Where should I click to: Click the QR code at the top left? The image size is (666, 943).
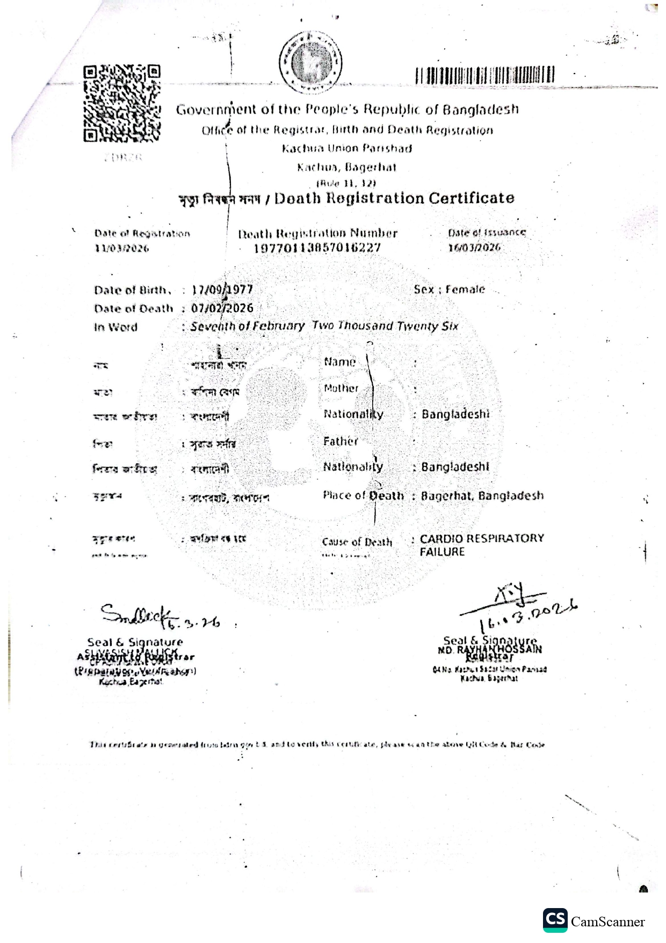pyautogui.click(x=122, y=104)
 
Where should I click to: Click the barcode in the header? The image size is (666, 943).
pyautogui.click(x=484, y=75)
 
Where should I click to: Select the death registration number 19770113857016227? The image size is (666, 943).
pyautogui.click(x=317, y=248)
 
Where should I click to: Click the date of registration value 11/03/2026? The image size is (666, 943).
pyautogui.click(x=122, y=248)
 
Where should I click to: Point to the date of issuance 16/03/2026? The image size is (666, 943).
pyautogui.click(x=474, y=247)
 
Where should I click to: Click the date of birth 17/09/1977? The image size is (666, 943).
pyautogui.click(x=222, y=290)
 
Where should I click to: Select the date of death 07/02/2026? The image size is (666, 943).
pyautogui.click(x=222, y=308)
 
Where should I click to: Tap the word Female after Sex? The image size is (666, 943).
pyautogui.click(x=465, y=289)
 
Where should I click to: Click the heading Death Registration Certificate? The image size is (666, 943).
pyautogui.click(x=394, y=198)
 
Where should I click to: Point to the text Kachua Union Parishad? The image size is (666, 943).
pyautogui.click(x=347, y=148)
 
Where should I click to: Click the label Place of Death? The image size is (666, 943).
pyautogui.click(x=363, y=495)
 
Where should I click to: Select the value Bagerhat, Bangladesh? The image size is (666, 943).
pyautogui.click(x=482, y=495)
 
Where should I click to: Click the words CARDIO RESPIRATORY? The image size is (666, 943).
pyautogui.click(x=482, y=538)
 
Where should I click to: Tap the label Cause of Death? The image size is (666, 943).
pyautogui.click(x=357, y=542)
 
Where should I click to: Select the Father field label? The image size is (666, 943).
pyautogui.click(x=341, y=442)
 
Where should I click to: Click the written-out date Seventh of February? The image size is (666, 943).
pyautogui.click(x=247, y=326)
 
